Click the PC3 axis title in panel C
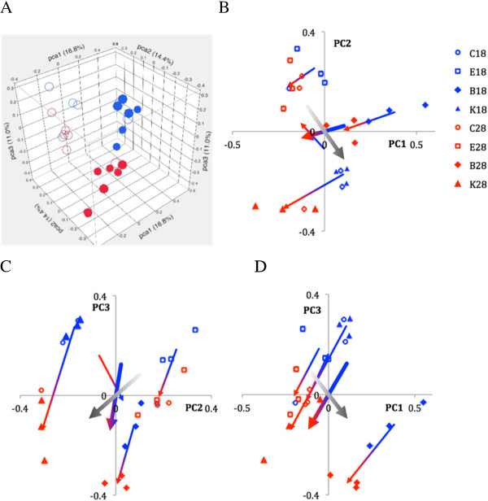click(x=100, y=310)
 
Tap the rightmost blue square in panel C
click(x=195, y=329)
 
